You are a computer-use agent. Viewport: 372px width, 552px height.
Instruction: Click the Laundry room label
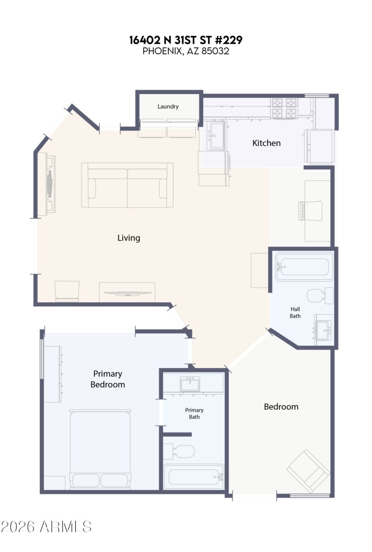pyautogui.click(x=168, y=107)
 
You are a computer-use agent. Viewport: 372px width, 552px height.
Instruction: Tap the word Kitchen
pyautogui.click(x=266, y=143)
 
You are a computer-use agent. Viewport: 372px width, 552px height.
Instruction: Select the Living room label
pyautogui.click(x=129, y=238)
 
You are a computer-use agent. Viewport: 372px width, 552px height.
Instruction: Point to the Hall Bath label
pyautogui.click(x=295, y=312)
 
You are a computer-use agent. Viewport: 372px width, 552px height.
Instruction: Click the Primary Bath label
pyautogui.click(x=194, y=413)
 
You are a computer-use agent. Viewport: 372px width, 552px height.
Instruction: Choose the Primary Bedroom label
pyautogui.click(x=107, y=379)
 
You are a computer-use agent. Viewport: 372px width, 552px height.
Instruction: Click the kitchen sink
pyautogui.click(x=217, y=135)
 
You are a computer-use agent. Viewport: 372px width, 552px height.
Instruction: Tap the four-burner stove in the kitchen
pyautogui.click(x=284, y=108)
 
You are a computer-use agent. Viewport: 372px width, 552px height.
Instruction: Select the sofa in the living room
pyautogui.click(x=127, y=185)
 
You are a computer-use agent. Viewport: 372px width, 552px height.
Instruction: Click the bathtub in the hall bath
pyautogui.click(x=305, y=267)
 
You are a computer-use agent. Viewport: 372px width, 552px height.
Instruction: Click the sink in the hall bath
pyautogui.click(x=324, y=330)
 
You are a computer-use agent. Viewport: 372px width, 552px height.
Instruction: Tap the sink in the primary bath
pyautogui.click(x=190, y=385)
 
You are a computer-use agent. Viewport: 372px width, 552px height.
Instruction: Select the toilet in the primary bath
pyautogui.click(x=179, y=451)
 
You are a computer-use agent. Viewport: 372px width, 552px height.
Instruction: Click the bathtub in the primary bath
pyautogui.click(x=194, y=477)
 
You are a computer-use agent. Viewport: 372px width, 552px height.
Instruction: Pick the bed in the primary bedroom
pyautogui.click(x=100, y=449)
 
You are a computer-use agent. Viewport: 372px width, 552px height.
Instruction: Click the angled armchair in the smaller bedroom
pyautogui.click(x=308, y=471)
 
